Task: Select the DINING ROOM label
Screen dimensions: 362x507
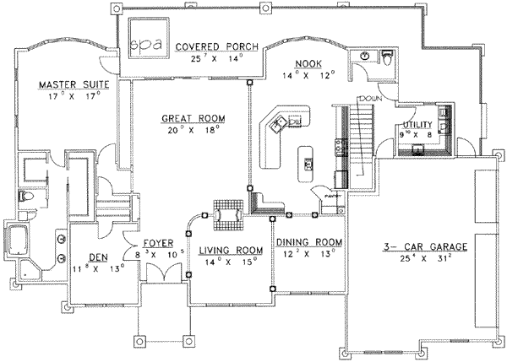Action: pos(309,241)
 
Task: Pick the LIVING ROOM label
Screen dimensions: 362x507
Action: pos(229,251)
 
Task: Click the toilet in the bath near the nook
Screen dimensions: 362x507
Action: pos(386,60)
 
